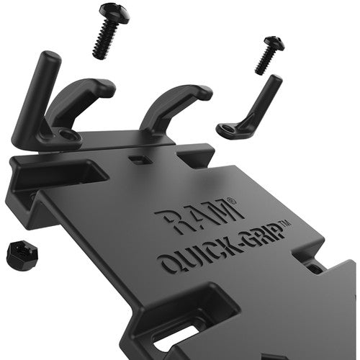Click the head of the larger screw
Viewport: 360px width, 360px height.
114,12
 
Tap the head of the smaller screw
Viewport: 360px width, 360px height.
274,43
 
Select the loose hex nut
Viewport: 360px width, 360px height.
21,256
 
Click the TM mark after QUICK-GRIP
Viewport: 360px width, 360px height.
286,223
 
